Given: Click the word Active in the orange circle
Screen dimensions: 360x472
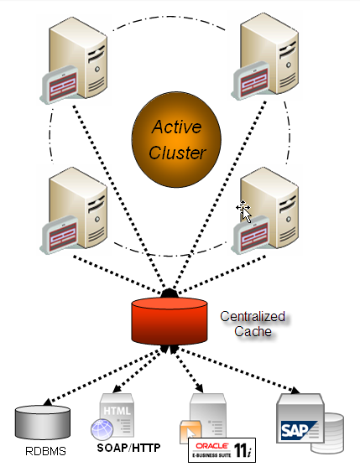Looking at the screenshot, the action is coord(176,127).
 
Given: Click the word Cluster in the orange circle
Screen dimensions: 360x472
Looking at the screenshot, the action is coord(177,153).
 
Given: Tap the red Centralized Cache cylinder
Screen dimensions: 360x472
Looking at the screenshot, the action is coord(170,321).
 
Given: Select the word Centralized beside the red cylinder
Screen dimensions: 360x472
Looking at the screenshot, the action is coord(253,316).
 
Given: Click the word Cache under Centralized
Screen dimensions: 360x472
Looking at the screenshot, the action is coord(253,331).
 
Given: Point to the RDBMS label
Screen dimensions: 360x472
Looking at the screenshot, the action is coord(45,451).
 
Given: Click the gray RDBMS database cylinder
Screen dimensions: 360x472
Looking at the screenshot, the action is coord(43,422).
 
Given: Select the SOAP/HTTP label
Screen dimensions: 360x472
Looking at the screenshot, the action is coord(128,448).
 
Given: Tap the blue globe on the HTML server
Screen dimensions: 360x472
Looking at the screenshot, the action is coord(102,429).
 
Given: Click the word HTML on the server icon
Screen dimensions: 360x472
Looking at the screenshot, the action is coord(117,411).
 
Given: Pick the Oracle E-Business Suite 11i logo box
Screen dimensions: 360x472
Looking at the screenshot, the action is coord(222,450).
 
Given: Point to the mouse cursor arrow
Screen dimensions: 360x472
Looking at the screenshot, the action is coord(247,215).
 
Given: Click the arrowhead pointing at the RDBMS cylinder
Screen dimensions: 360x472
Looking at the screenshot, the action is coord(47,402).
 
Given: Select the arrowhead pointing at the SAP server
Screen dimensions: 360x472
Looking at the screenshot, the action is coord(295,391).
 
